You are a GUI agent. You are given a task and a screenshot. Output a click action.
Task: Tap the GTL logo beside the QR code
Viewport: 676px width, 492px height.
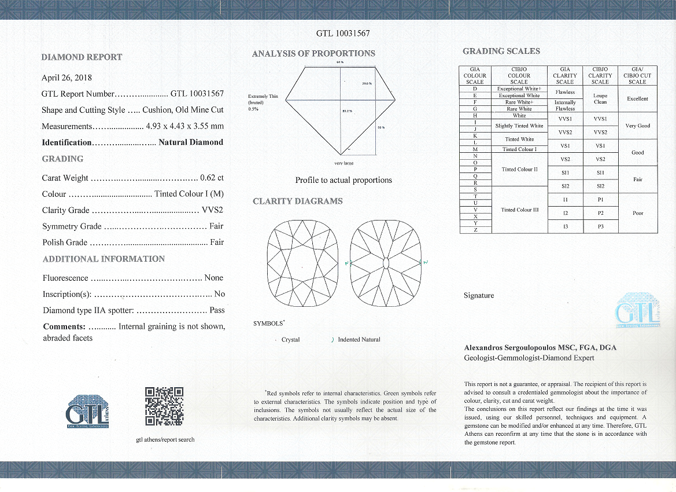[x=88, y=412]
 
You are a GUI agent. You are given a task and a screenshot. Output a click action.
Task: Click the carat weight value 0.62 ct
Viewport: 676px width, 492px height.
[x=212, y=178]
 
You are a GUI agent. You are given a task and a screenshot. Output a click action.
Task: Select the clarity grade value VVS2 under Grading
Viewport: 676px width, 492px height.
[x=212, y=210]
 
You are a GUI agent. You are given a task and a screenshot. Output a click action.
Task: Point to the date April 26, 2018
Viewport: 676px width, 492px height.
[x=67, y=78]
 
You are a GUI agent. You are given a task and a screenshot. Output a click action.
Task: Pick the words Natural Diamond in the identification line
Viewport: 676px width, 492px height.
[x=191, y=142]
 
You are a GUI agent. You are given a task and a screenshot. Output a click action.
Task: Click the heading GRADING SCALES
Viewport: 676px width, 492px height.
[x=501, y=51]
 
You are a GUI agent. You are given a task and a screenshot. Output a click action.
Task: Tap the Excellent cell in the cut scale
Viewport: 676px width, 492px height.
[x=637, y=98]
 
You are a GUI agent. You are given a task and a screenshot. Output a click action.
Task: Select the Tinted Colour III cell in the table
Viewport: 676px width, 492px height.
[x=519, y=210]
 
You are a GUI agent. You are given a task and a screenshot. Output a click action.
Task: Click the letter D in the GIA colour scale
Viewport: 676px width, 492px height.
[x=475, y=89]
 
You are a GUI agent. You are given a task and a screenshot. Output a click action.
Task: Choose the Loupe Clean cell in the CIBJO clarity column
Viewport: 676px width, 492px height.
[x=600, y=98]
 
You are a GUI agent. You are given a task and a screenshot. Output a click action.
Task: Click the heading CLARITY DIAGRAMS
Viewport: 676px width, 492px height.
[x=298, y=201]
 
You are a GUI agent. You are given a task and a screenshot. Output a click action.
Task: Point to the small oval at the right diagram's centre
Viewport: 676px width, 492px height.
[x=386, y=265]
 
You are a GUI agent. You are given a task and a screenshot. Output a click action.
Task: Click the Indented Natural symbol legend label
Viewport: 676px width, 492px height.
[x=359, y=340]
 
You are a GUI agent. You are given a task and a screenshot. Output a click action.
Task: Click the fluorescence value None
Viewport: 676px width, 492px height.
[x=214, y=278]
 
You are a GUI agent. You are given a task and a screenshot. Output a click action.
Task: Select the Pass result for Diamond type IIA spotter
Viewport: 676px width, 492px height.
[x=217, y=310]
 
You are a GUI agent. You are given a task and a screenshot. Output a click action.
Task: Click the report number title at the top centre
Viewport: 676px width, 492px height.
[x=343, y=33]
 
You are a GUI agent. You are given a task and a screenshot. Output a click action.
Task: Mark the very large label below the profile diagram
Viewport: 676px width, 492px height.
[x=343, y=163]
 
